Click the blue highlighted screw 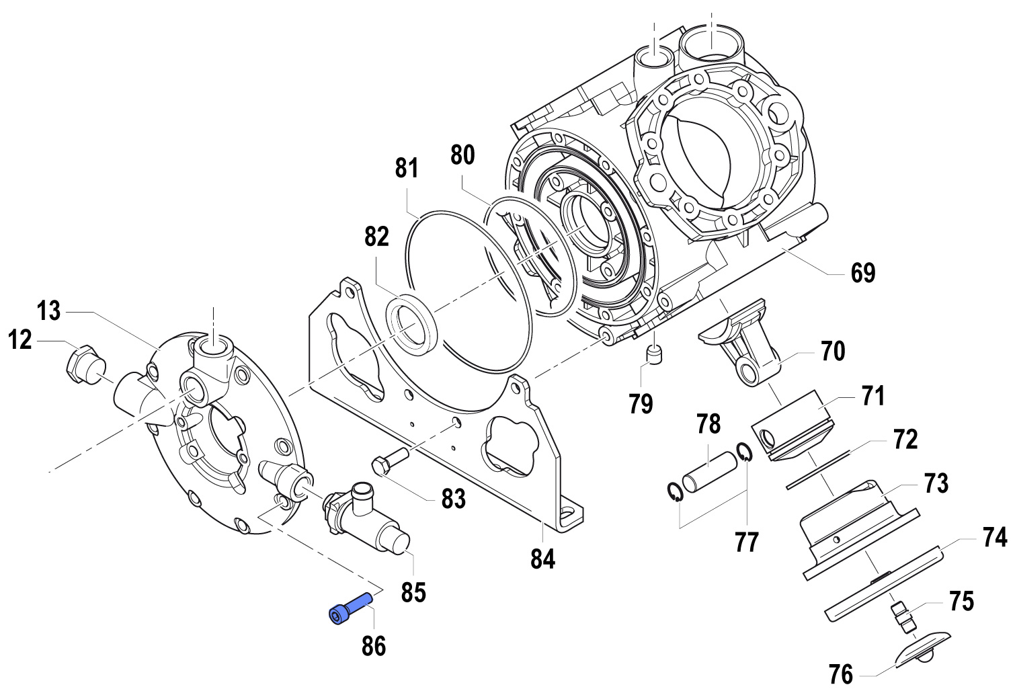pos(349,607)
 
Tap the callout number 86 pos(374,646)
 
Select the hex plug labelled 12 pos(83,364)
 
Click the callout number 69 pos(863,274)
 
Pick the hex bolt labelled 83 pos(389,461)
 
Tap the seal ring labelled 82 pos(411,326)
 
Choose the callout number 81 pos(407,168)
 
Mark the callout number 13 pos(49,311)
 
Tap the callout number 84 pos(542,558)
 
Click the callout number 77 pos(746,542)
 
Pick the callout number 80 pos(462,155)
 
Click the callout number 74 pos(995,537)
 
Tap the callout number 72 pos(905,440)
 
